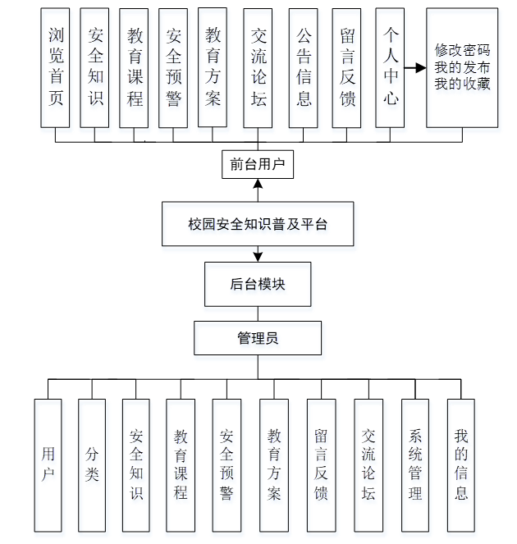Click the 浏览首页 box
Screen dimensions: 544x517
(56, 67)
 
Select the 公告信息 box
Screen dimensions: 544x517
(303, 67)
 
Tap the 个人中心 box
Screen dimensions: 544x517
(390, 67)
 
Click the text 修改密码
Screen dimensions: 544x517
(462, 50)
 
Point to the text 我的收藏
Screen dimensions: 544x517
(462, 83)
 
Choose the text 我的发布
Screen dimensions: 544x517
(462, 66)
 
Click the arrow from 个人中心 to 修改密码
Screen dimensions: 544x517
(414, 67)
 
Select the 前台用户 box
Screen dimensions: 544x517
(258, 164)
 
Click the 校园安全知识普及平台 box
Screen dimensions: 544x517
(258, 224)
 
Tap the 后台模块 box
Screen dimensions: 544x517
(258, 285)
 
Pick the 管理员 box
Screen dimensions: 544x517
(258, 337)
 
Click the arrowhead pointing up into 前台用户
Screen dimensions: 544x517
(258, 184)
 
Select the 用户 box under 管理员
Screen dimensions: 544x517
(49, 464)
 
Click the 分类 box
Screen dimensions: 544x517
(93, 464)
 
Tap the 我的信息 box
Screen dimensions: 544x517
(461, 464)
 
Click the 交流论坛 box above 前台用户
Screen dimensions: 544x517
(259, 67)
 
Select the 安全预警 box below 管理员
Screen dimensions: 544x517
(226, 464)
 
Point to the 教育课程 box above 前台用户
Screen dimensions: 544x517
(134, 67)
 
